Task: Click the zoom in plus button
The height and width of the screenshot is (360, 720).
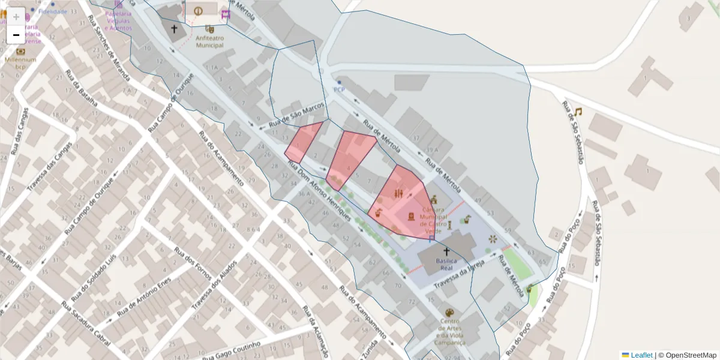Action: coord(16,17)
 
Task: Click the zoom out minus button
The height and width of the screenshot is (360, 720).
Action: coord(16,35)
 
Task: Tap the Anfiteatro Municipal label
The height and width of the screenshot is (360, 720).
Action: coord(209,41)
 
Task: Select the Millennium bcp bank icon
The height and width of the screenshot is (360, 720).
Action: coord(20,51)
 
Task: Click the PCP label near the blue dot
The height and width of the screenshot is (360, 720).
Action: coord(339,90)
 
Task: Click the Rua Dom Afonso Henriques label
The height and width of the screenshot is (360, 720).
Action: coord(319,191)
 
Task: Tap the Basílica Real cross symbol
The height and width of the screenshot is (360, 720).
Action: coord(446,252)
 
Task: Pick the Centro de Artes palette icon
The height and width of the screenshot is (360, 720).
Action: coord(449,313)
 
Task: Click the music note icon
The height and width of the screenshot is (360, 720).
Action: coord(578,112)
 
